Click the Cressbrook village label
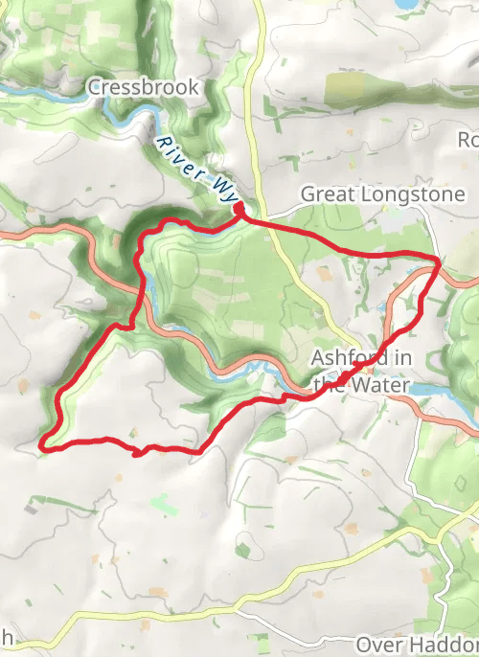point(144,87)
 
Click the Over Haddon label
point(416,644)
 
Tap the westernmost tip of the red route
point(42,444)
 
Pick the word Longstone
point(392,194)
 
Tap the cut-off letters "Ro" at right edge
point(468,140)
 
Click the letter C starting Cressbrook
point(94,87)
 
